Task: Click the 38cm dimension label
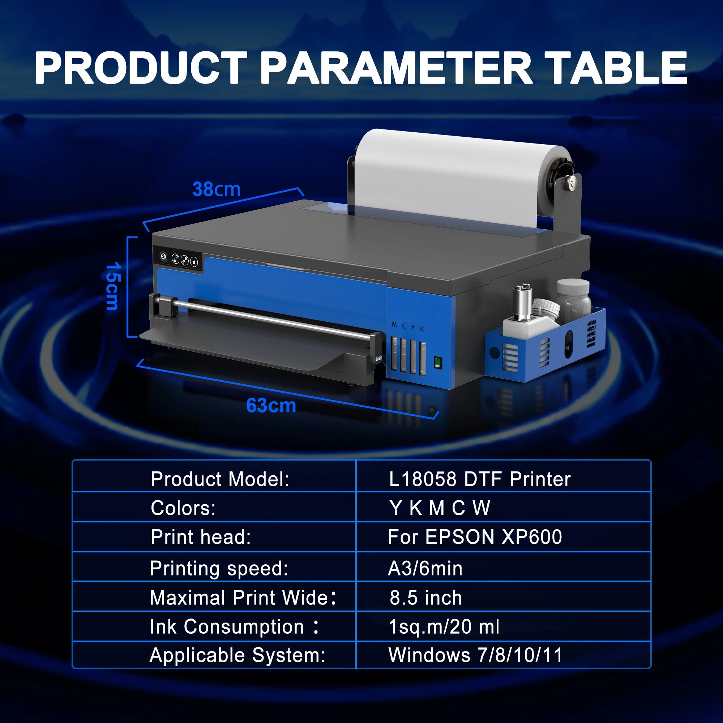pos(216,189)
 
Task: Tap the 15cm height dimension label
pos(112,286)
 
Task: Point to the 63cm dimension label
pos(271,406)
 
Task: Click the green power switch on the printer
pos(437,363)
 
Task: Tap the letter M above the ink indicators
pos(394,325)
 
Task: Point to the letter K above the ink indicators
pos(422,329)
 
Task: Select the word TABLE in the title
pos(616,68)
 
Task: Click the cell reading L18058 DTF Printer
pos(480,479)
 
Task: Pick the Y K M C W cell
pos(440,508)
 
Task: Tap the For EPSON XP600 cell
pos(475,537)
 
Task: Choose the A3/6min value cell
pos(425,568)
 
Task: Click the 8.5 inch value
pos(426,598)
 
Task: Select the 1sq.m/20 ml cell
pos(444,627)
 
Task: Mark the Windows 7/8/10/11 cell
pos(475,655)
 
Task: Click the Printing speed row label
pos(219,568)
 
